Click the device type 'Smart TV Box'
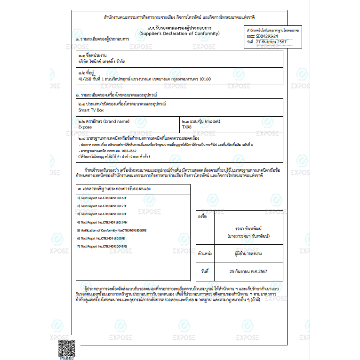tap(91, 110)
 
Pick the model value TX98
tap(187, 127)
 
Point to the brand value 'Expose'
tap(85, 127)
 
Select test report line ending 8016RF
tap(102, 198)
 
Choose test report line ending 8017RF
tap(102, 206)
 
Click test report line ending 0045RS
tap(102, 246)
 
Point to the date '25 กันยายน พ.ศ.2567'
tap(248, 272)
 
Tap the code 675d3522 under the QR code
tap(66, 358)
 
